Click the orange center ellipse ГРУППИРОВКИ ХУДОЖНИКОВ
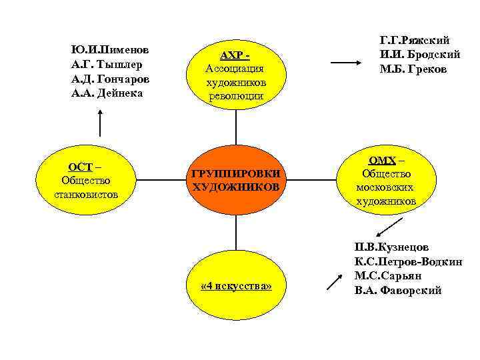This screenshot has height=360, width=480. (x=235, y=180)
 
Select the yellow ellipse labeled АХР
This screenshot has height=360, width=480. (x=235, y=74)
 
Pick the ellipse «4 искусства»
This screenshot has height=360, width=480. (x=236, y=286)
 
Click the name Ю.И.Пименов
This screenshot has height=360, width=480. (x=110, y=50)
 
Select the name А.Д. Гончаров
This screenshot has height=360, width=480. (x=110, y=79)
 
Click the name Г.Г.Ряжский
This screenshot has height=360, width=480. (x=414, y=41)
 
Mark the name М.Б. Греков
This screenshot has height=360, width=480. (x=411, y=69)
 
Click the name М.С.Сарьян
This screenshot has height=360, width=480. (x=387, y=276)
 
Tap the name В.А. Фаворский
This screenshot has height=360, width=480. (x=398, y=291)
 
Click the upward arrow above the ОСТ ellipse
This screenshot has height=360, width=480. (x=99, y=123)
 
